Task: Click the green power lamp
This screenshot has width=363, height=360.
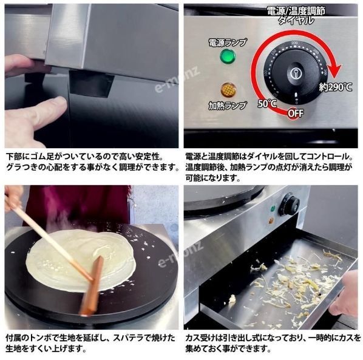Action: [x=228, y=56]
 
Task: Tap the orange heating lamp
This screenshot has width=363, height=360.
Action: [x=228, y=89]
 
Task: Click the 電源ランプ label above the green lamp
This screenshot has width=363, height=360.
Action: [x=228, y=42]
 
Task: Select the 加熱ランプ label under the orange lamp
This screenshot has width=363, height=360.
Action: [x=228, y=106]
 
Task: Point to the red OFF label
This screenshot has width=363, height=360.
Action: [x=296, y=114]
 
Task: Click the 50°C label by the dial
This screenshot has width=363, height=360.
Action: [x=267, y=103]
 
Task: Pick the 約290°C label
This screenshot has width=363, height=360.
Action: [x=336, y=87]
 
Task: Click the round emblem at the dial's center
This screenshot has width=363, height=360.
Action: [x=297, y=73]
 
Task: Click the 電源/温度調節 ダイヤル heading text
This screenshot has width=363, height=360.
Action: [x=296, y=16]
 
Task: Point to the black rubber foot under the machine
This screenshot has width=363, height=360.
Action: [x=91, y=83]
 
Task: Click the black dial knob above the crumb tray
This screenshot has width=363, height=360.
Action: [x=290, y=204]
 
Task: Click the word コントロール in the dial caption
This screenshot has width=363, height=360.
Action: [x=329, y=157]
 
